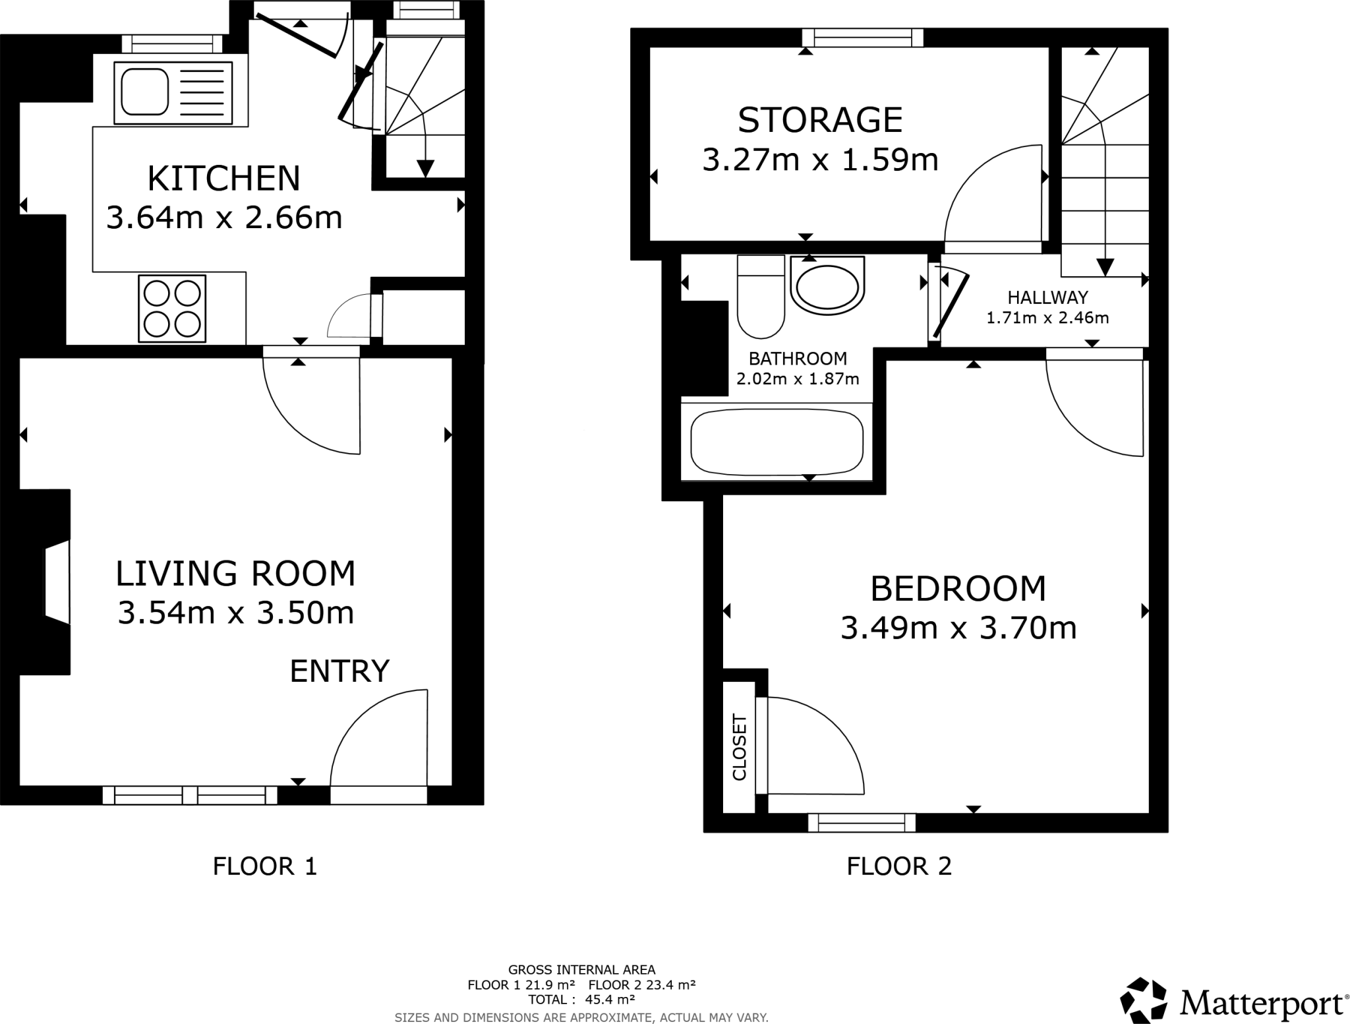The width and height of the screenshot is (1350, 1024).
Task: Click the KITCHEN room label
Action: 223,178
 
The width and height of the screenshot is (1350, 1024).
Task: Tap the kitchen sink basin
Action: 142,92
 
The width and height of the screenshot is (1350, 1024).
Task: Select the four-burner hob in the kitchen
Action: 172,309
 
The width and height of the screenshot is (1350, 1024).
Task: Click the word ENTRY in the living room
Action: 339,671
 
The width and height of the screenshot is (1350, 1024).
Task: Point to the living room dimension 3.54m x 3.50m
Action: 235,613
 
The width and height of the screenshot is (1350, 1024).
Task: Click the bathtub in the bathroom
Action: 777,441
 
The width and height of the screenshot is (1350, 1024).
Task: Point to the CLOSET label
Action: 739,748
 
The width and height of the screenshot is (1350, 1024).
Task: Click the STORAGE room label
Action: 819,120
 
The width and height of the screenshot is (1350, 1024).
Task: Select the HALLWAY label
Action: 1047,298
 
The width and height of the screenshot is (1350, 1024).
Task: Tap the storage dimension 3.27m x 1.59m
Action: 819,160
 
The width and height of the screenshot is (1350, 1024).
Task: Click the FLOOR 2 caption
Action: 898,866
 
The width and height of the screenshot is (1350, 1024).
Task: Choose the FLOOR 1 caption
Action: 265,866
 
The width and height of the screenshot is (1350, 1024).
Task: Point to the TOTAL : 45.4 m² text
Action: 581,999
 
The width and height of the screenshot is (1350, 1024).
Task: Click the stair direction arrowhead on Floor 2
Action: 1105,266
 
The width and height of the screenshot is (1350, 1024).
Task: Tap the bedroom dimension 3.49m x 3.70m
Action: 958,628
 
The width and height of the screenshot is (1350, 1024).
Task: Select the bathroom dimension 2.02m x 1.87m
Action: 798,379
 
